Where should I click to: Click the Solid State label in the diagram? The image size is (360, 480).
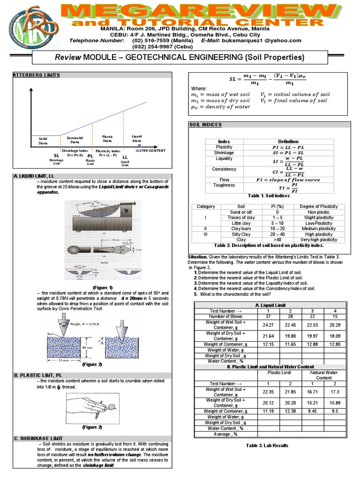pos(43,141)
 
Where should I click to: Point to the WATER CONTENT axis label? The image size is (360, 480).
pos(151,150)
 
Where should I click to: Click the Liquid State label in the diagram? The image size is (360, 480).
pos(136,138)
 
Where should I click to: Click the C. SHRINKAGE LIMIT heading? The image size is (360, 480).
pos(36,438)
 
